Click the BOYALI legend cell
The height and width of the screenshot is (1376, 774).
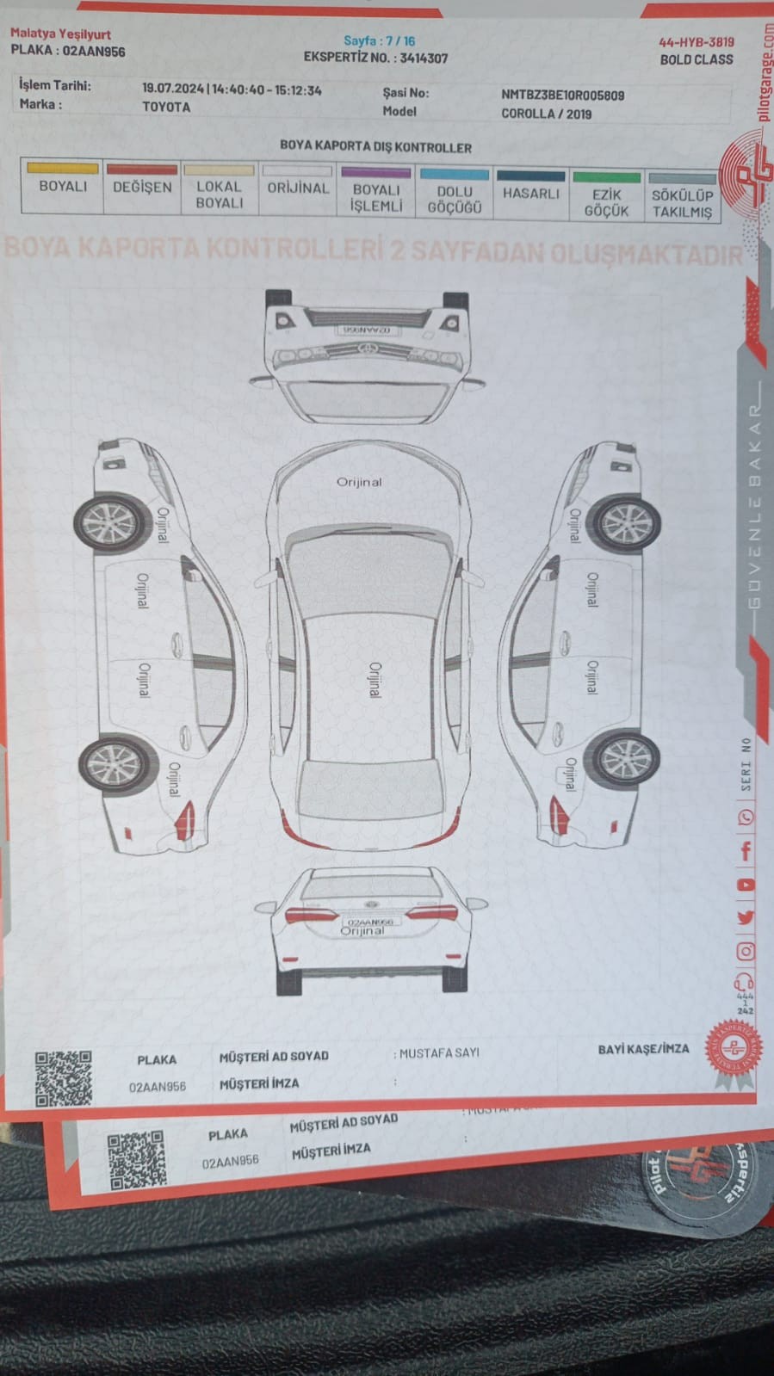(x=63, y=186)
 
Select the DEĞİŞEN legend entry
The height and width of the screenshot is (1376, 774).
(x=142, y=187)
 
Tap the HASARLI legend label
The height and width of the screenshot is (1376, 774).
(x=530, y=194)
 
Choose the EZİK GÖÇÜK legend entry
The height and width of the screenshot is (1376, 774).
(x=606, y=202)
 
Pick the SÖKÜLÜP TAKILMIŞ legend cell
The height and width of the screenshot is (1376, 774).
(x=682, y=203)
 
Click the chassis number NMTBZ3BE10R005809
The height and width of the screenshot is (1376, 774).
(x=562, y=96)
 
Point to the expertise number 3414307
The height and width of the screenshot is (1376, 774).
(x=424, y=59)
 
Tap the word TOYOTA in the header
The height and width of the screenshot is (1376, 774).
(x=166, y=107)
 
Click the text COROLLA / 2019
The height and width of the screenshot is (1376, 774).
(x=546, y=114)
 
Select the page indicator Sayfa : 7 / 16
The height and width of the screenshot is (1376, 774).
(x=379, y=40)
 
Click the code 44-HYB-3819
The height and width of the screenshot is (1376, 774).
(x=696, y=41)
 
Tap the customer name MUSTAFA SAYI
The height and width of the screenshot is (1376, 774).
(x=439, y=1052)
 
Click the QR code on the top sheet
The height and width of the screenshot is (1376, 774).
(x=64, y=1077)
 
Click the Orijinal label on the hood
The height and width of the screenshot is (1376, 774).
(x=359, y=482)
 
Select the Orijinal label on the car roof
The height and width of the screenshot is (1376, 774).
(x=375, y=680)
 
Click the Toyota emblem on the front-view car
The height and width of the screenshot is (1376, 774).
(x=368, y=349)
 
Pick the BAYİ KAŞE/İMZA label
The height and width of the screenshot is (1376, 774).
(x=643, y=1049)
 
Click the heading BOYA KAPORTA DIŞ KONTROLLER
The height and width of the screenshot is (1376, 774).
(x=375, y=147)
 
